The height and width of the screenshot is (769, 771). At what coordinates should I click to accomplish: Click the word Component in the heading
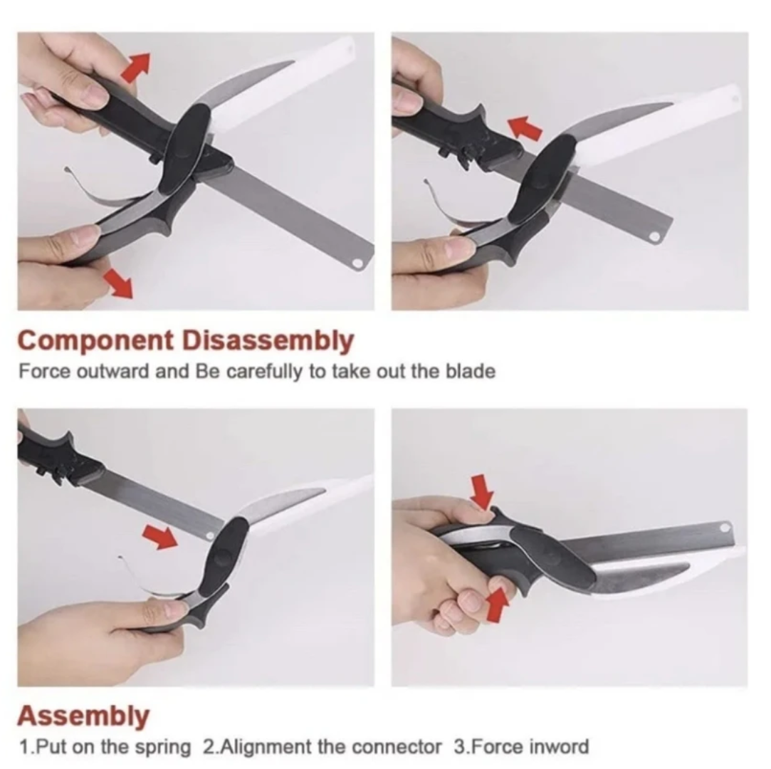point(96,341)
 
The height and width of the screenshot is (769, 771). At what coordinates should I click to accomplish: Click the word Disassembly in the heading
point(268,341)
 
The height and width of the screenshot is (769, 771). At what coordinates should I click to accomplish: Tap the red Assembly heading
point(83,716)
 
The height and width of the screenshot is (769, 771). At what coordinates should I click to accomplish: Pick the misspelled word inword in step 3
point(560,747)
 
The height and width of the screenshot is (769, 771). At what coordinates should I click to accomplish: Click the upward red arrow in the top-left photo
point(135,68)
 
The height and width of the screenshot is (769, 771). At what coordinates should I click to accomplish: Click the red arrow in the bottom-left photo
point(160,536)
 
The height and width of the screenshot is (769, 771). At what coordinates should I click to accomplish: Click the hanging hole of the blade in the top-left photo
point(357,263)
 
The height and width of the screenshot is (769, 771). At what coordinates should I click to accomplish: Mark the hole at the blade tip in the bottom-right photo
point(724,528)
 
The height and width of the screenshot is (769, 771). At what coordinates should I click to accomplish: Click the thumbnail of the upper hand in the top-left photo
point(91,92)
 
